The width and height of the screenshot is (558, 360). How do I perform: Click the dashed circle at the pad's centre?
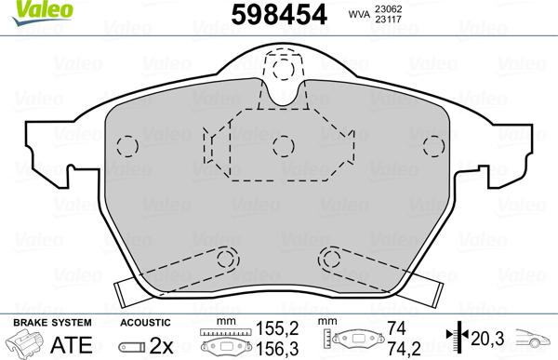pyautogui.click(x=283, y=144)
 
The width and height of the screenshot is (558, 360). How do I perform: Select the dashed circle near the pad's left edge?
pyautogui.click(x=128, y=145)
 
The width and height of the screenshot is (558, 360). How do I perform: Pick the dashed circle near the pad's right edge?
pyautogui.click(x=432, y=145)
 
